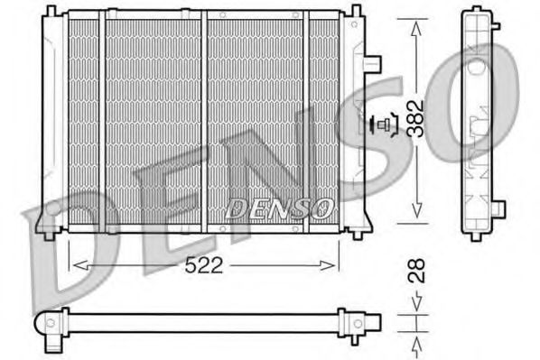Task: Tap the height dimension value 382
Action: pos(414,118)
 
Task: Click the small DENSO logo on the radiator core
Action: pos(280,208)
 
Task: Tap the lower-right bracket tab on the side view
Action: pos(498,209)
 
